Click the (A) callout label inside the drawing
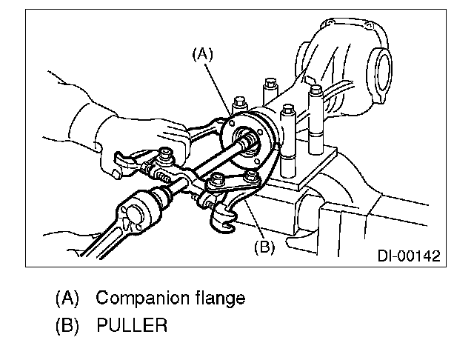[x=203, y=53]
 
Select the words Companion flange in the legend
[x=171, y=299]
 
